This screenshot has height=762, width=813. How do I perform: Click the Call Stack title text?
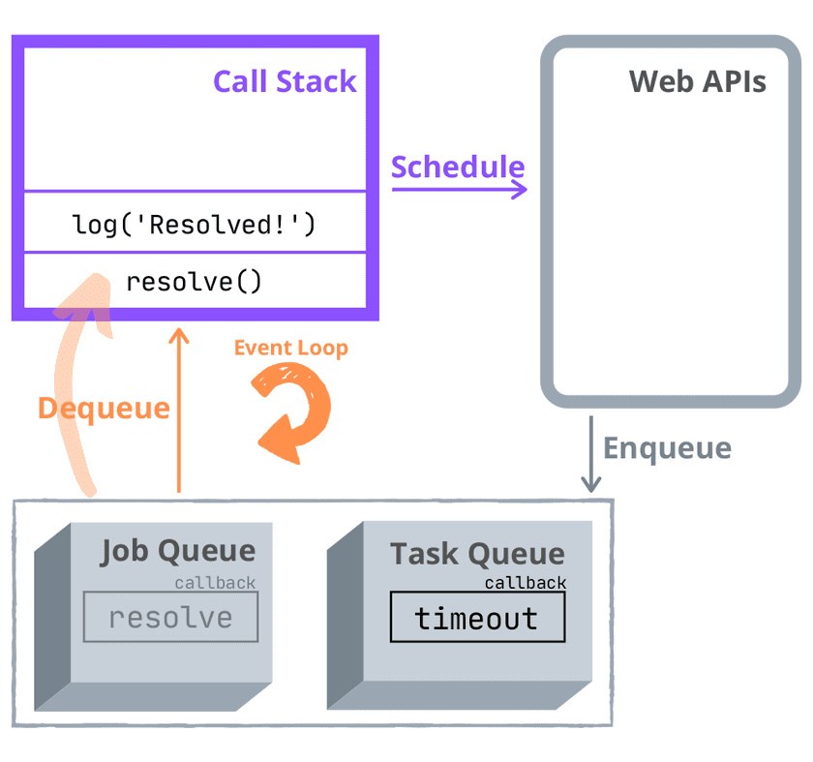(x=285, y=81)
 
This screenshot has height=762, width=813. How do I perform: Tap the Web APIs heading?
(x=697, y=81)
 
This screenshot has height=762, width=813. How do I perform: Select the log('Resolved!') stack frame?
(x=195, y=225)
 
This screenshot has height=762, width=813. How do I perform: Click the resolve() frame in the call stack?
(x=195, y=282)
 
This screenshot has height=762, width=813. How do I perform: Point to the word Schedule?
(x=457, y=167)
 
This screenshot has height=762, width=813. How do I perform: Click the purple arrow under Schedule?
(x=461, y=189)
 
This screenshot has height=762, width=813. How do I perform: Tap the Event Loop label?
(x=290, y=348)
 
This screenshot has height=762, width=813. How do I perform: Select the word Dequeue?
(x=104, y=408)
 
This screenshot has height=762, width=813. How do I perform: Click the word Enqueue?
(x=667, y=448)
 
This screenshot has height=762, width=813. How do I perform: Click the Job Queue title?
(x=178, y=552)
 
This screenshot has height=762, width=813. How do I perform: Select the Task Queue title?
(x=476, y=554)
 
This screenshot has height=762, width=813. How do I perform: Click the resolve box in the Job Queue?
(x=170, y=618)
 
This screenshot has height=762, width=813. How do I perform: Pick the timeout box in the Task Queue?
(x=477, y=618)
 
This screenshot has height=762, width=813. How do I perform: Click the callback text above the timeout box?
(x=525, y=583)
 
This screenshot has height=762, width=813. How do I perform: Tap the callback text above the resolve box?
(x=215, y=583)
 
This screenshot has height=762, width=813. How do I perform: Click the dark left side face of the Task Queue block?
(x=345, y=620)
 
